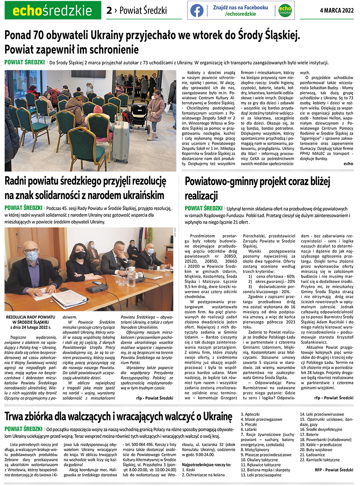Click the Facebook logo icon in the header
point(197,10)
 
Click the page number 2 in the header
point(109,11)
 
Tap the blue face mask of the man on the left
point(32,256)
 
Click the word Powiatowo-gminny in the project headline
point(222,181)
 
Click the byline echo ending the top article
point(348,163)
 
